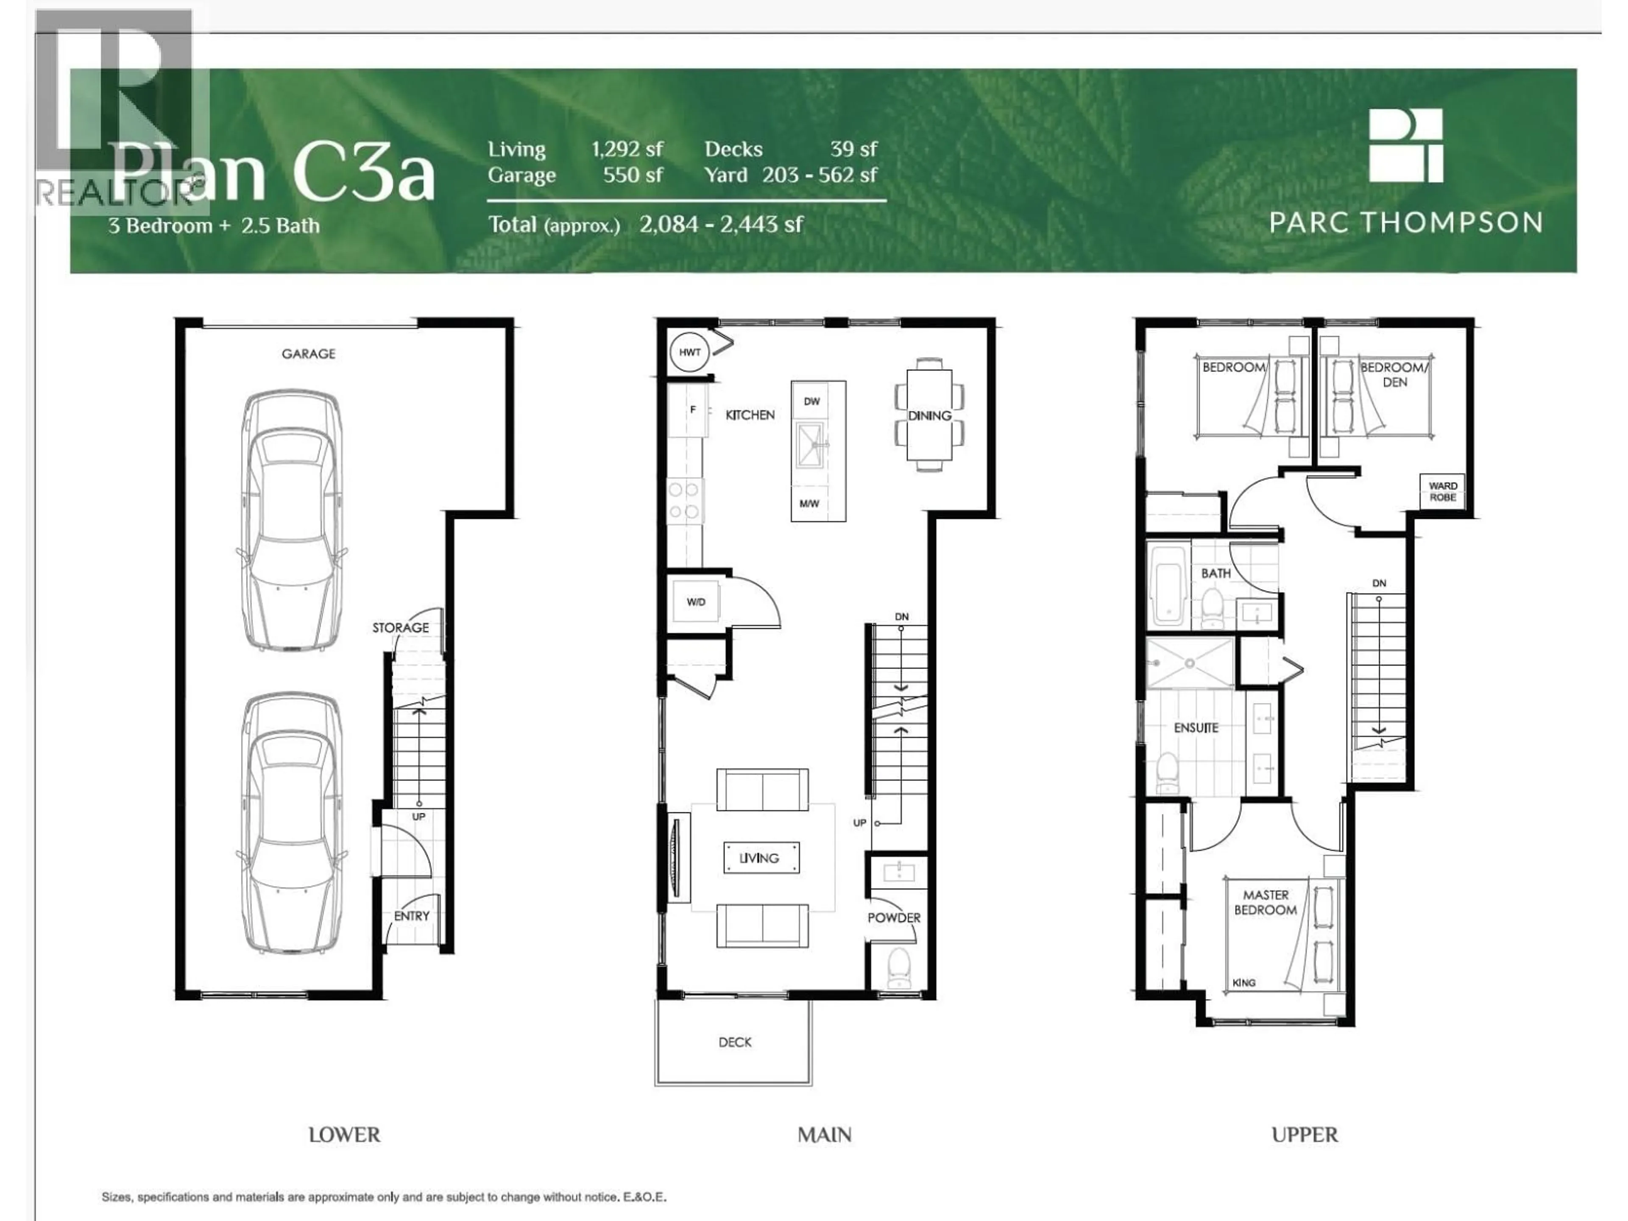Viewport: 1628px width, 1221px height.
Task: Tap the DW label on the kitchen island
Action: (812, 401)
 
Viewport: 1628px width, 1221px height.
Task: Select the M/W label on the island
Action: (810, 503)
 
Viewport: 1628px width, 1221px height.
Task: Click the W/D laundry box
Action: (696, 601)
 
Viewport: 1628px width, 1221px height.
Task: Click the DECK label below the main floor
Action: (735, 1042)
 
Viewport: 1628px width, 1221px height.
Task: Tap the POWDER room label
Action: (893, 918)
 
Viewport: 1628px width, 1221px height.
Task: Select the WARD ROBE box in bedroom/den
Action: (1443, 492)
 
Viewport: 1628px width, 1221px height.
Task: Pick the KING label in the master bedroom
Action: (1244, 983)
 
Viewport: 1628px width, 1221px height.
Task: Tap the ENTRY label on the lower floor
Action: (411, 916)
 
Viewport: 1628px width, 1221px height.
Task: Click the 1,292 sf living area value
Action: (627, 149)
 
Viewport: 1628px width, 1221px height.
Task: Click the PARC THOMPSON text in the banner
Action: (1406, 222)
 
